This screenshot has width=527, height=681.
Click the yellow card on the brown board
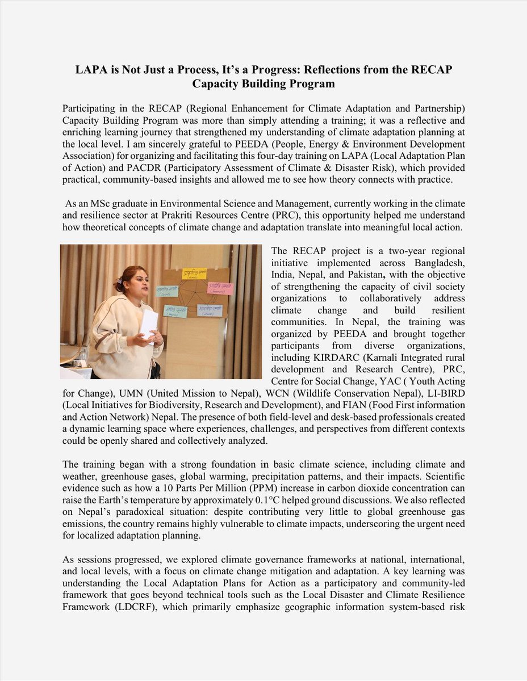tap(194, 274)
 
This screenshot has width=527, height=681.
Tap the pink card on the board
tap(219, 288)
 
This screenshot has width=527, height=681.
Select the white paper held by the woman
tap(149, 323)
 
